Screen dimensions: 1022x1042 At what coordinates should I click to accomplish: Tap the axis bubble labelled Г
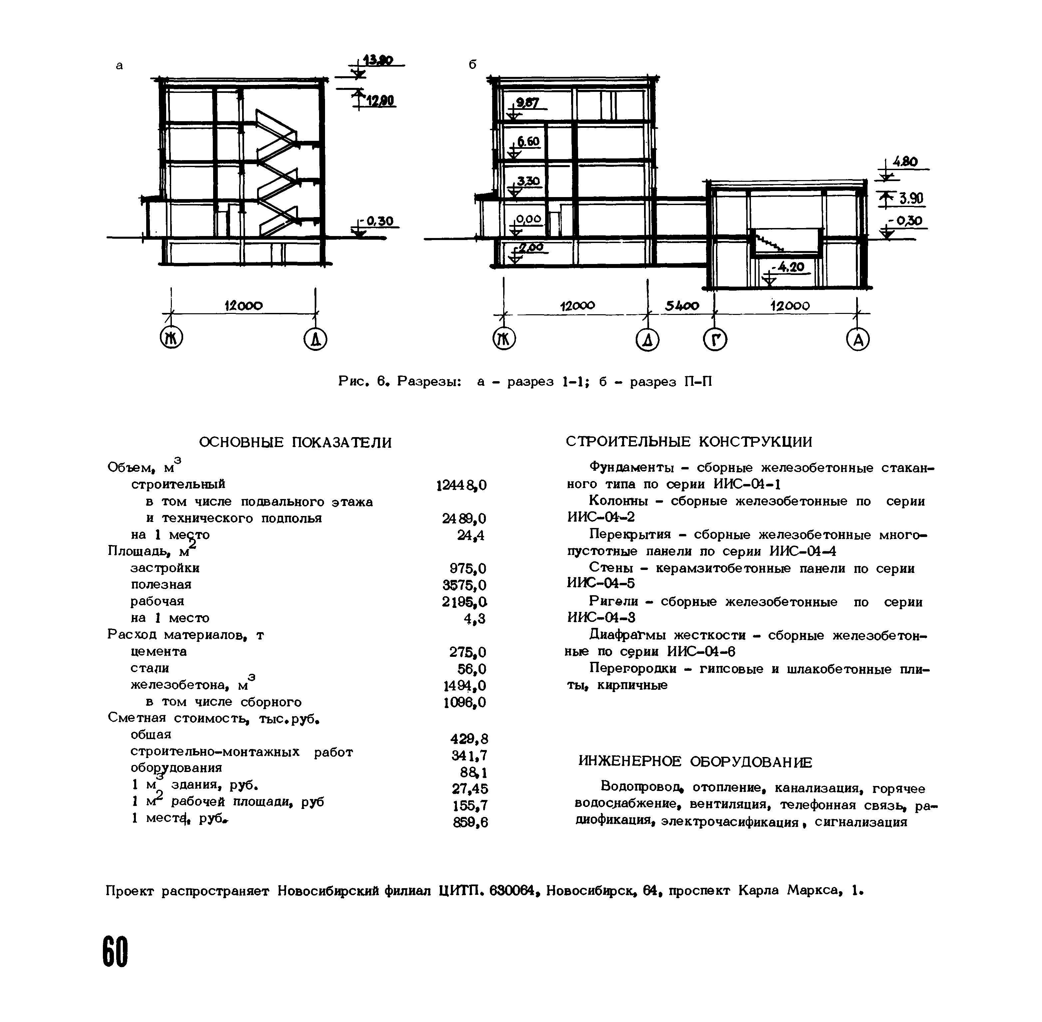715,339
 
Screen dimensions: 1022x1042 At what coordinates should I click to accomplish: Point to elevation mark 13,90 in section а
378,60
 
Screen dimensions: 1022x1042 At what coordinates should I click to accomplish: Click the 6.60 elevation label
528,142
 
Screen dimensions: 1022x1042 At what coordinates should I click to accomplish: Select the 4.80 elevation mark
905,161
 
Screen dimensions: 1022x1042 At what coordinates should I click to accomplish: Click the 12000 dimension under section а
243,305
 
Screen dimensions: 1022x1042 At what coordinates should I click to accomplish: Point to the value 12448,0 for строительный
461,485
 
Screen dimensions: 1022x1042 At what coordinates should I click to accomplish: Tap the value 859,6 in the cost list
470,822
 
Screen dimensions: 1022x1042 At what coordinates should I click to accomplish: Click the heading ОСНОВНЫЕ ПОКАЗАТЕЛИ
295,442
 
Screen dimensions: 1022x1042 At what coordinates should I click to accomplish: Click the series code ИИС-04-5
601,584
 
